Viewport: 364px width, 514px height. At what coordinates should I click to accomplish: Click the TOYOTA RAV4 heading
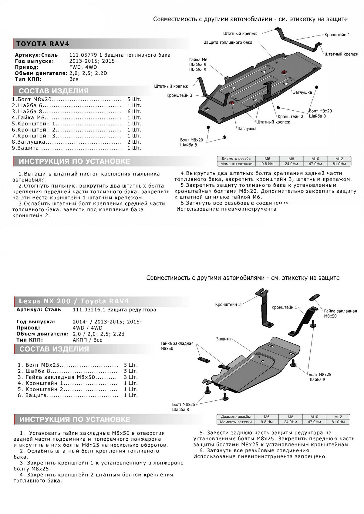[42, 44]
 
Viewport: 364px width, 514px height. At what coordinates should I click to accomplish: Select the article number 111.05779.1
[86, 55]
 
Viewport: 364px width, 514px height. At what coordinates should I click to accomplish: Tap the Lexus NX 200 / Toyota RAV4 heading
[74, 301]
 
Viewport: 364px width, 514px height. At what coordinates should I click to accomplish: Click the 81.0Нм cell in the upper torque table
[339, 164]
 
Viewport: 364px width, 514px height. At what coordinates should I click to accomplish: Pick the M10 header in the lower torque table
[314, 417]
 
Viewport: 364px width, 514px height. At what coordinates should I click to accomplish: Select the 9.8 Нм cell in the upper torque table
[267, 164]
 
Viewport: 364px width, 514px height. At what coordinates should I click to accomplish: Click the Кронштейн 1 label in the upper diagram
[337, 35]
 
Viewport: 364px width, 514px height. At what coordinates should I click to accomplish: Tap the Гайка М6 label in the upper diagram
[198, 60]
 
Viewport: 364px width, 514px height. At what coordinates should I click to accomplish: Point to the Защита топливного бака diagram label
[228, 42]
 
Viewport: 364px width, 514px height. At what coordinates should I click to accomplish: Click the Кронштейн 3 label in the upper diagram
[179, 95]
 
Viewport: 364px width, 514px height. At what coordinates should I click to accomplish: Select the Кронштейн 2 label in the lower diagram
[228, 304]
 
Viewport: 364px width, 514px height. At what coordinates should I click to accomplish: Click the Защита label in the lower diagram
[223, 339]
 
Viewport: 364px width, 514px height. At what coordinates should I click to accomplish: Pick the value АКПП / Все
[87, 340]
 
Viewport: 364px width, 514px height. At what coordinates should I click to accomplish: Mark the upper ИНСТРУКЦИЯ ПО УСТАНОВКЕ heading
[74, 161]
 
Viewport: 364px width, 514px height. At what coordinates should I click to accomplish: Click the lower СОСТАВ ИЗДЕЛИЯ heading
[54, 349]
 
